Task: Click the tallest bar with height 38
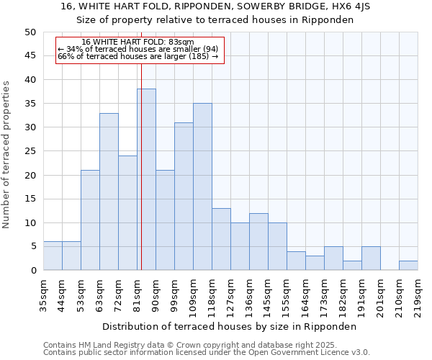(146, 180)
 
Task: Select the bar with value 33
(109, 192)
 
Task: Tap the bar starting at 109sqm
(202, 187)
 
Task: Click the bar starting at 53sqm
(90, 220)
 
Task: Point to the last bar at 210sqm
(408, 266)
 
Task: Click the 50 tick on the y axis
(30, 32)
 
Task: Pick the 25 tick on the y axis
(30, 151)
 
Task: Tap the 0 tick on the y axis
(33, 271)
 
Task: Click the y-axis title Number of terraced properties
(7, 155)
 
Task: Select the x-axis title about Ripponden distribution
(230, 326)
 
